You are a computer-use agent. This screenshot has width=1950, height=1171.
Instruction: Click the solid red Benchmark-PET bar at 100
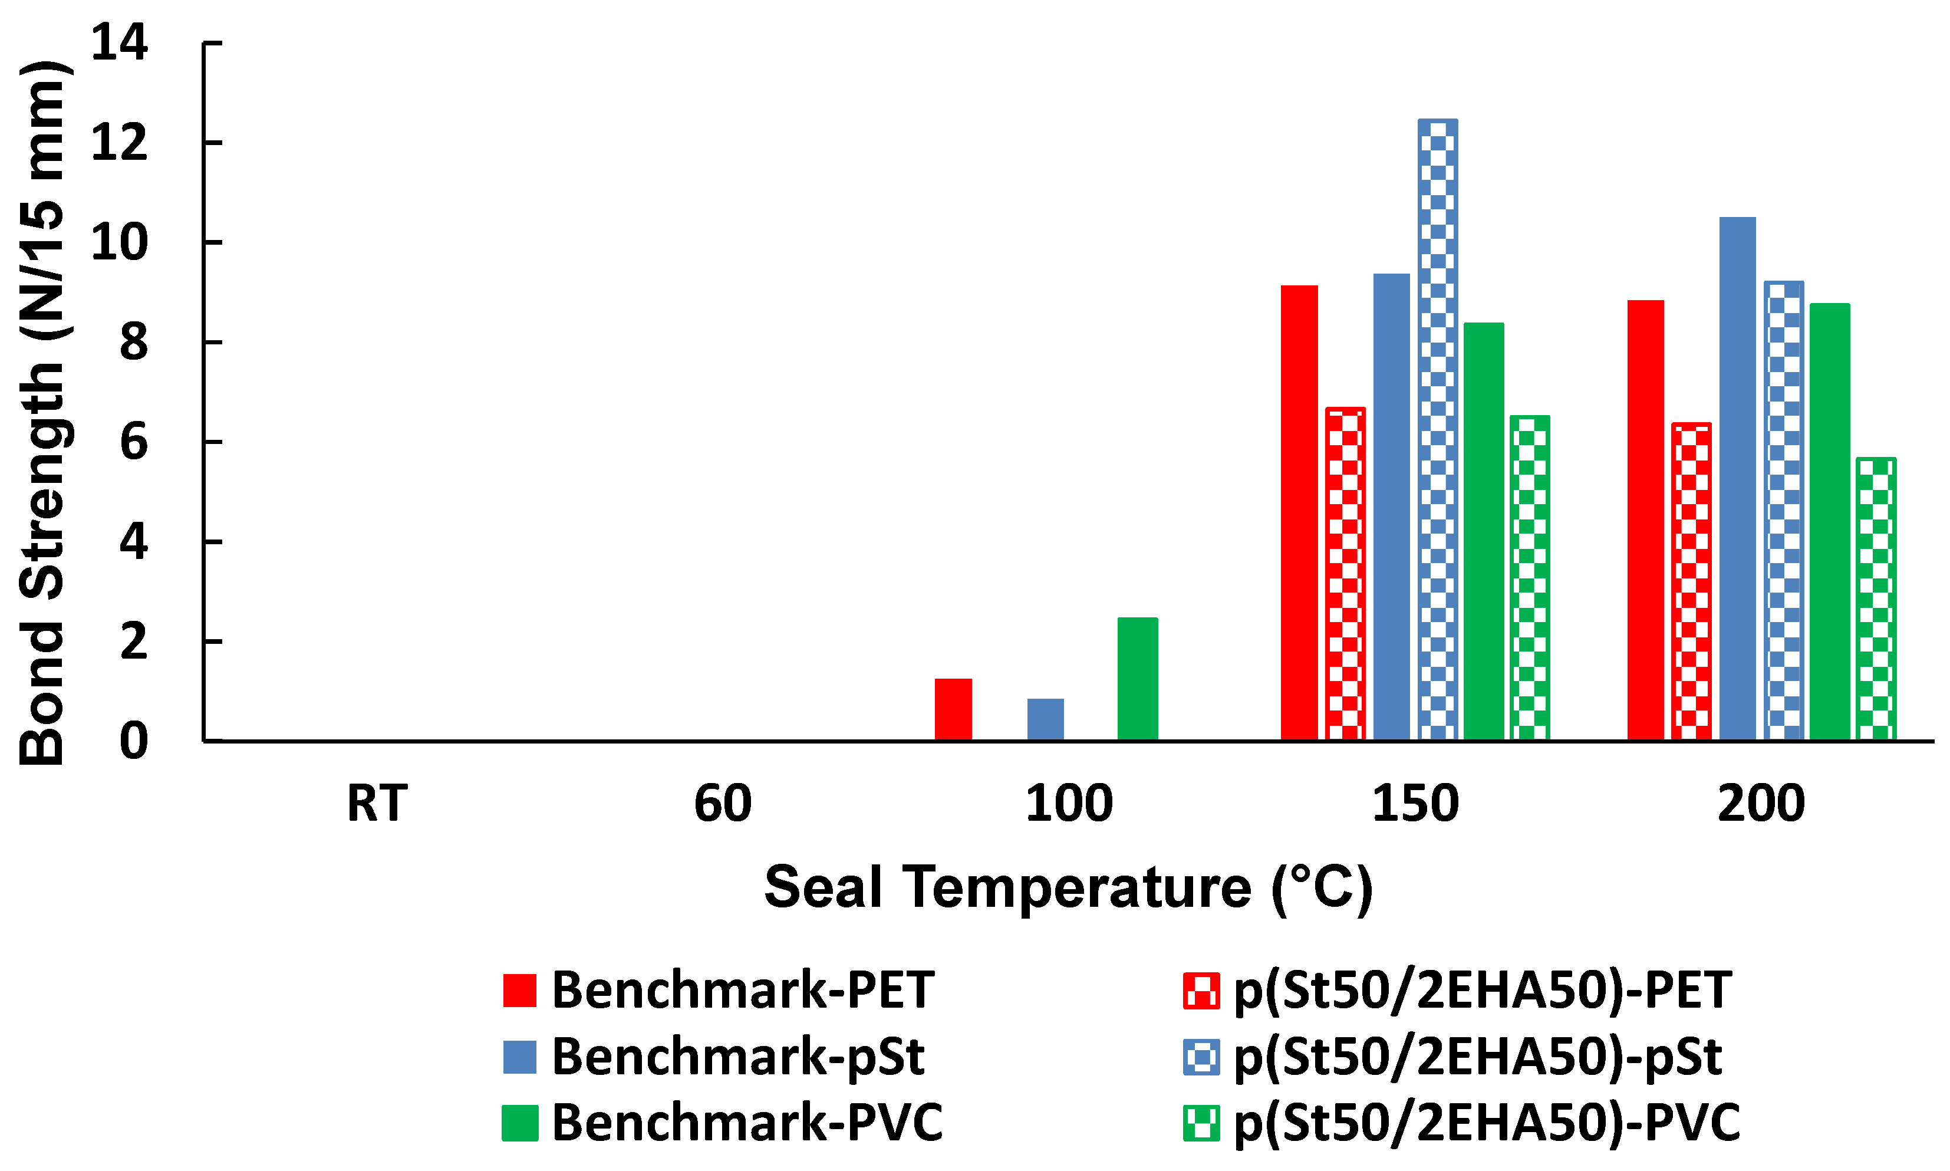tap(953, 709)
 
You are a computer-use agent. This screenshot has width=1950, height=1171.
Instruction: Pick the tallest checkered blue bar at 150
tap(1437, 430)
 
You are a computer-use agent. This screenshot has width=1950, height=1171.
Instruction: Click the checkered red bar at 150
tap(1345, 574)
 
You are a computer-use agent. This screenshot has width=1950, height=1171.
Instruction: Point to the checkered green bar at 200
tap(1876, 599)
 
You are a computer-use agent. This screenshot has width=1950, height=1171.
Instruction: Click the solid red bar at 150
tap(1299, 513)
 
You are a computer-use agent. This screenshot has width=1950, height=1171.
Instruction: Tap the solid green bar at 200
tap(1829, 522)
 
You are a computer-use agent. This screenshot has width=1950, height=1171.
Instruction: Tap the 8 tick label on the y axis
tap(133, 343)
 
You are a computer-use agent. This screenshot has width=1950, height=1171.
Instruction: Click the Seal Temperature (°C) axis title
tap(1068, 888)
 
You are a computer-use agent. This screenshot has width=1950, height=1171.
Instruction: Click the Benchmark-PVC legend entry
tap(746, 1123)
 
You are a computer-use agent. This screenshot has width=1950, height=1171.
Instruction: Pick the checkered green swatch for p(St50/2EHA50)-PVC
tap(1201, 1123)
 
